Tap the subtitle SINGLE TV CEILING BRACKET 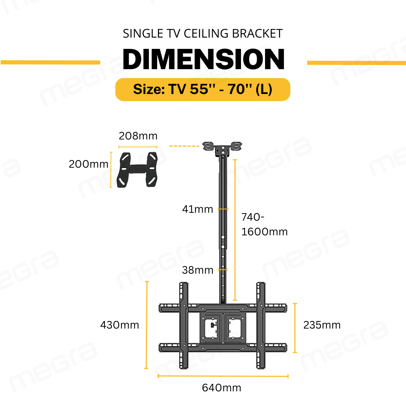(x=203, y=33)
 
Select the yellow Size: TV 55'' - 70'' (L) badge (x=203, y=89)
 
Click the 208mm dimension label (x=138, y=136)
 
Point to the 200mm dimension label (x=88, y=164)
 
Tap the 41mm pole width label (x=197, y=209)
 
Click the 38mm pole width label (x=197, y=270)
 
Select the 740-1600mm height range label (x=264, y=224)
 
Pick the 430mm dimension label (x=120, y=325)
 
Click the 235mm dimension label (x=322, y=325)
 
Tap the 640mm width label (x=222, y=388)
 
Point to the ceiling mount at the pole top (x=223, y=148)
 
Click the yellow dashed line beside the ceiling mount (x=184, y=146)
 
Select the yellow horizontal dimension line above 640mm (x=223, y=375)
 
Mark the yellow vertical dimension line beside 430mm (x=147, y=325)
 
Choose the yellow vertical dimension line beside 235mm (x=295, y=328)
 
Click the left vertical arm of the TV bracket (x=183, y=325)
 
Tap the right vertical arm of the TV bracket (x=261, y=325)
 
